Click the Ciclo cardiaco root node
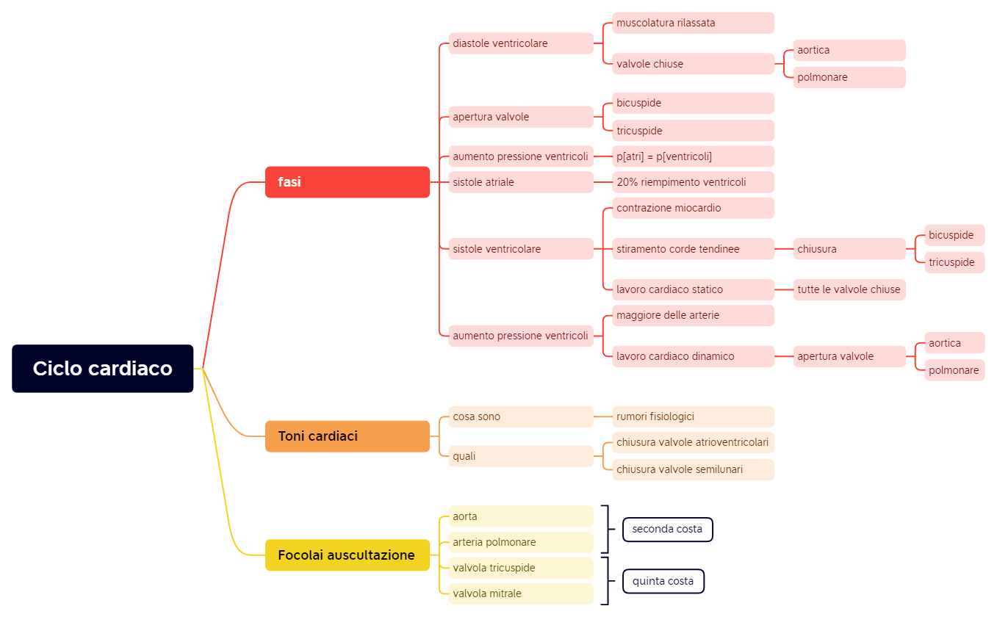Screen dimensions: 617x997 103,368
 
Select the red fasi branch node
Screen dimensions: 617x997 347,182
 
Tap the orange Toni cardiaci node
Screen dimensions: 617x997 347,436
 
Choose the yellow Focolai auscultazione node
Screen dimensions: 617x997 347,555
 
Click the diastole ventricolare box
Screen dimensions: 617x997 520,43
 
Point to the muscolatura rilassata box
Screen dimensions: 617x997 693,23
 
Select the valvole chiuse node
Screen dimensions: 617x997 693,64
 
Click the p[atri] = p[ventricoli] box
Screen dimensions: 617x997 693,156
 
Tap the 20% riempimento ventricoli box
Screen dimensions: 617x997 693,182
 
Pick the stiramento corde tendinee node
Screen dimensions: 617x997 693,249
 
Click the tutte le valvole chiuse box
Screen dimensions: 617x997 849,289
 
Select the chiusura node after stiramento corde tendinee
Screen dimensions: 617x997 849,249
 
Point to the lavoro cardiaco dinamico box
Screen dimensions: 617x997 693,356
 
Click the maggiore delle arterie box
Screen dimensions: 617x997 693,315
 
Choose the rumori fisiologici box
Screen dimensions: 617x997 693,416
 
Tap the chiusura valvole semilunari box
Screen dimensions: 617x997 693,469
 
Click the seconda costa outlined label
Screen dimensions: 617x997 667,529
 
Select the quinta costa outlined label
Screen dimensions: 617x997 663,581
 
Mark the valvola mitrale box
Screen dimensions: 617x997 520,593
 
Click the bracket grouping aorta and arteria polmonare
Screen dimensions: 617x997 606,529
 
